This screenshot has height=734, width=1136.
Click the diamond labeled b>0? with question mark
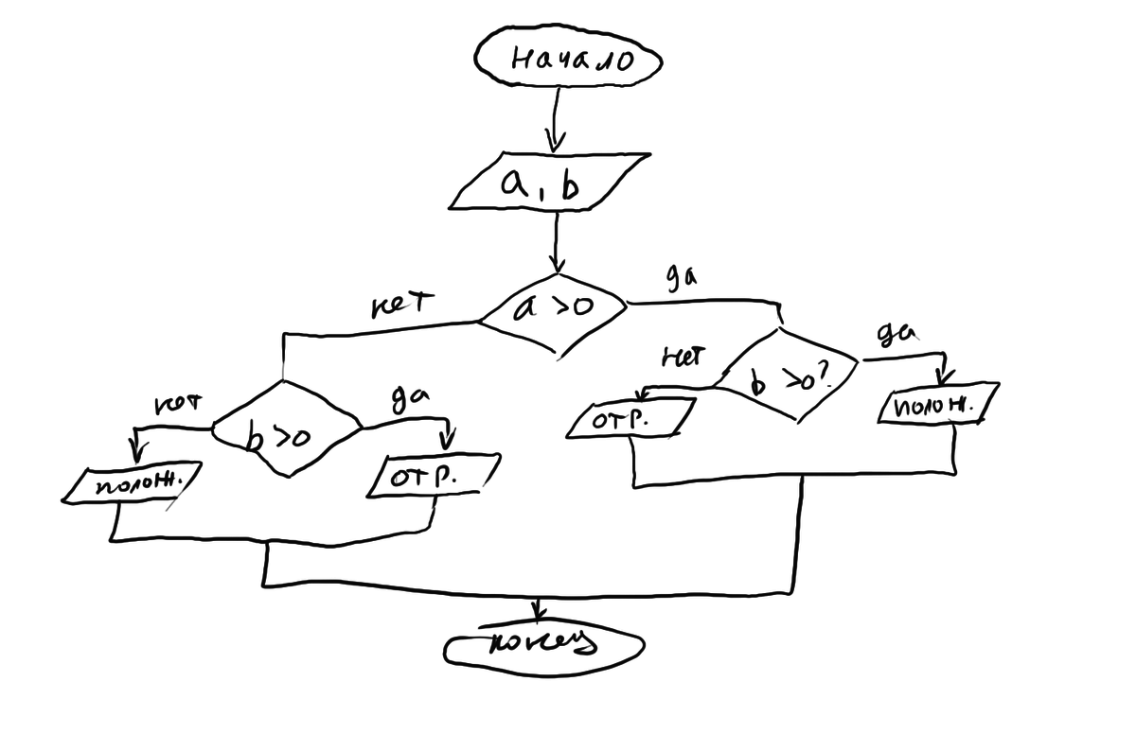[x=788, y=377]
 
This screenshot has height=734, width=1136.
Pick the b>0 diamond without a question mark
[x=284, y=430]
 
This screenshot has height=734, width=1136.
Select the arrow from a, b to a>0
[x=557, y=240]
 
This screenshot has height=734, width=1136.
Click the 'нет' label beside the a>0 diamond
[x=401, y=305]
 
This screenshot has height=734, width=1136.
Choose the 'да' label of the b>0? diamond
[x=895, y=336]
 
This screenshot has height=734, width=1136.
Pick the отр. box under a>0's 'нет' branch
[x=431, y=475]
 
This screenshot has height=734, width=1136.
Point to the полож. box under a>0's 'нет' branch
[x=128, y=485]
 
